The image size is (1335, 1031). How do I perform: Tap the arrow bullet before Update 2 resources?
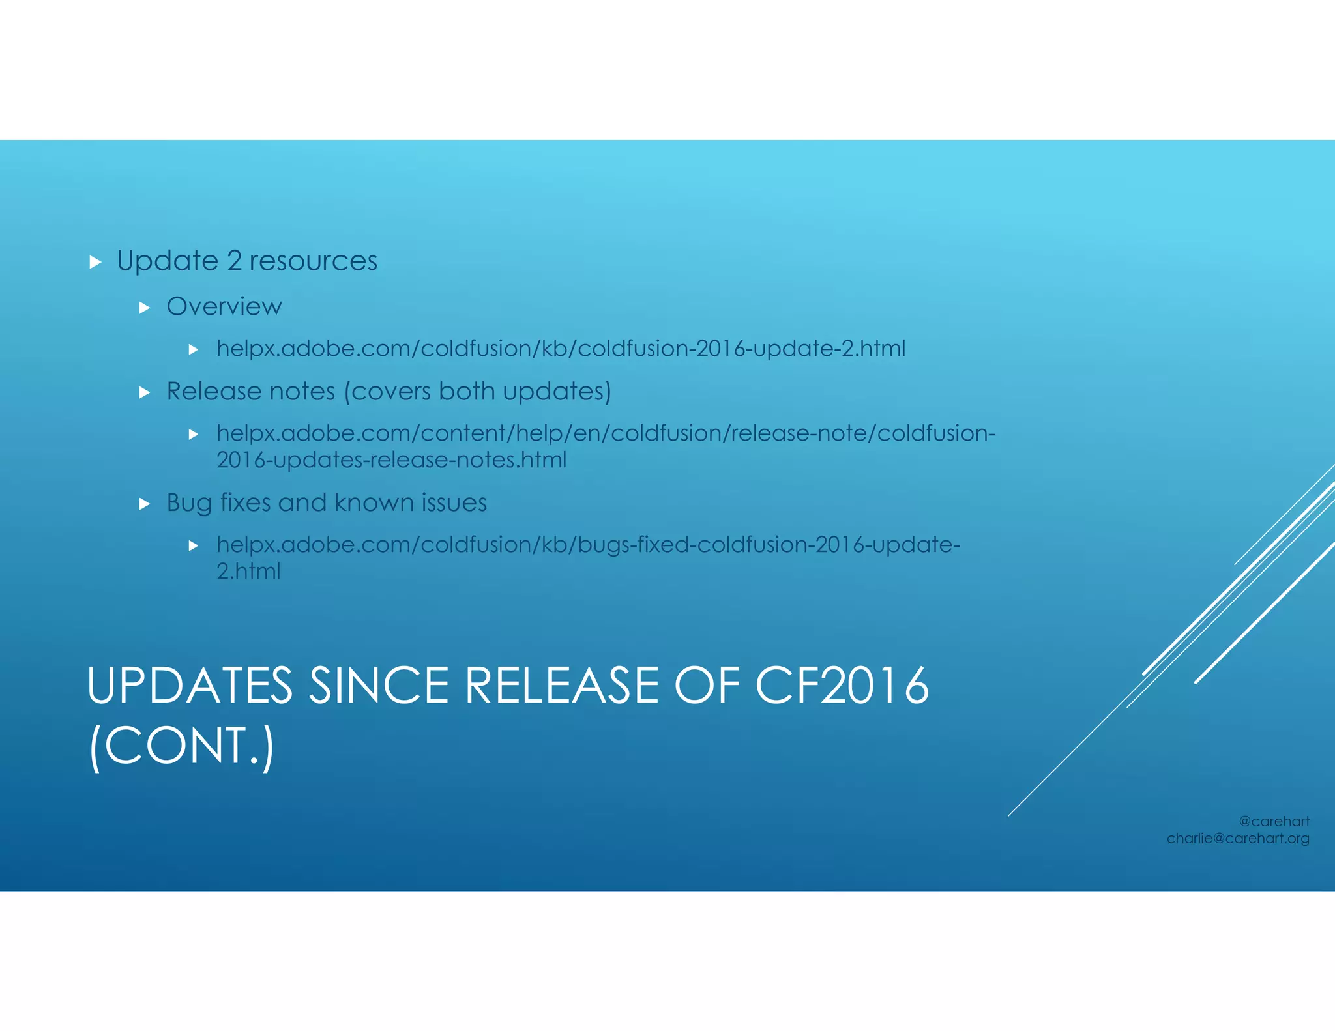[x=96, y=263]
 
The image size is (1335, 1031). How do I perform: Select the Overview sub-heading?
[x=224, y=306]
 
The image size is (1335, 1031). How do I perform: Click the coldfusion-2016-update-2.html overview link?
[x=561, y=349]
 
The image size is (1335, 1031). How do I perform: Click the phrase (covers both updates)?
[x=477, y=392]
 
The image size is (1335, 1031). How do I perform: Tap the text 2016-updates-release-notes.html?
[x=391, y=460]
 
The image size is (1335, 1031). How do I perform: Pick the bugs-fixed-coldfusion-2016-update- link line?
[x=588, y=545]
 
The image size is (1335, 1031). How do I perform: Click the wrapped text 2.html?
[x=248, y=572]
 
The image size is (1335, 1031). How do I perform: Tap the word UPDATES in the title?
[x=190, y=686]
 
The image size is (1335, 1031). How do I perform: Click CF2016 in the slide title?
[x=842, y=686]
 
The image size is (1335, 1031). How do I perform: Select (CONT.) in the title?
[x=181, y=746]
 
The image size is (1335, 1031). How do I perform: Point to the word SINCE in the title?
[x=379, y=686]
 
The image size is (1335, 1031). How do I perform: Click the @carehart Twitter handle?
[x=1274, y=822]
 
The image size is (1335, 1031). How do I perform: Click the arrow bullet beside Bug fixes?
[x=145, y=504]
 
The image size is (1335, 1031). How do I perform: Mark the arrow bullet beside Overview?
[x=145, y=308]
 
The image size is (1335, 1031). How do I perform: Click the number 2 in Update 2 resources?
[x=234, y=261]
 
